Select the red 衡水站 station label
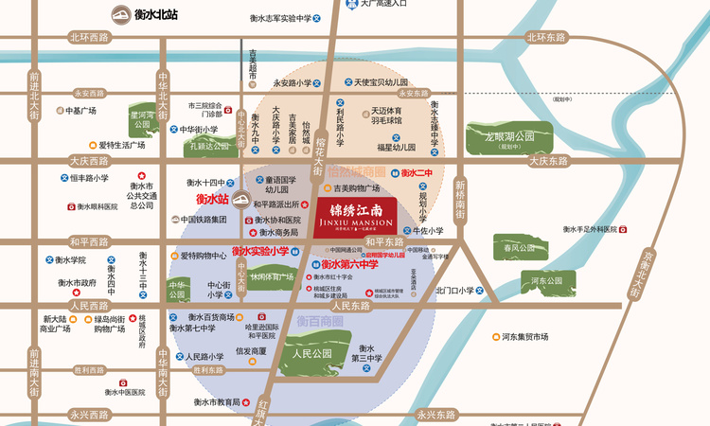212,200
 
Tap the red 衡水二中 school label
417,173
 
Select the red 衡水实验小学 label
260,251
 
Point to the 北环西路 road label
89,37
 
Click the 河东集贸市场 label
524,336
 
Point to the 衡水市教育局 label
215,402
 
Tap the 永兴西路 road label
89,415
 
